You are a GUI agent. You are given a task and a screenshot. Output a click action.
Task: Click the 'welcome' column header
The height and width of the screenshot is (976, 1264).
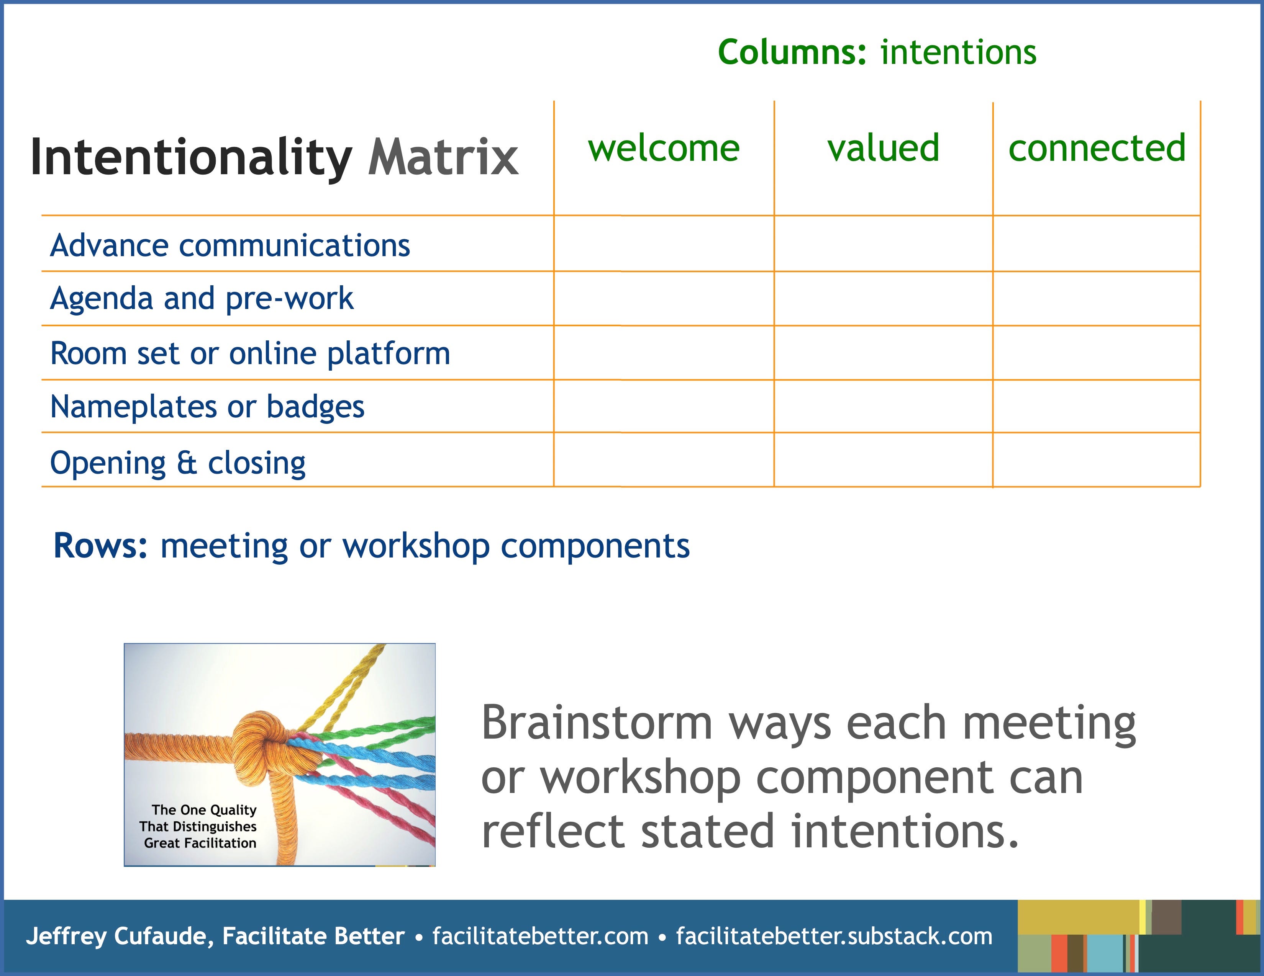pos(664,148)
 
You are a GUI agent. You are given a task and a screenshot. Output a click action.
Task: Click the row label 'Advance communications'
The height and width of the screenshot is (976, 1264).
pos(230,245)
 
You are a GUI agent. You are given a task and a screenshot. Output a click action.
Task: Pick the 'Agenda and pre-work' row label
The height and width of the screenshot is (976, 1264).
pos(202,299)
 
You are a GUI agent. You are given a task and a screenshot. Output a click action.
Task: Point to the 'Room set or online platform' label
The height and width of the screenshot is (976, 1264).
pos(250,353)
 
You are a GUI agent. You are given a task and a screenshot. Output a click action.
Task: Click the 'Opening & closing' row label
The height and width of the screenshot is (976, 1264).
pos(178,463)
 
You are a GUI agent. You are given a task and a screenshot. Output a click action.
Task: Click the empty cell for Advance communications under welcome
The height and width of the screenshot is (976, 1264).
pos(664,244)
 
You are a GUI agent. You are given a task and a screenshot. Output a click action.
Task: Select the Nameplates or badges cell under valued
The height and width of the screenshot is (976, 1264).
pos(883,406)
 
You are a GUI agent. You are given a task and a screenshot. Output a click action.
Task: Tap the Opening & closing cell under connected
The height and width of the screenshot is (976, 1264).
pos(1097,460)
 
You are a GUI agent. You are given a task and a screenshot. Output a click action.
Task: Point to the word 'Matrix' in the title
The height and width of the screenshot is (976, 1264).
pos(443,157)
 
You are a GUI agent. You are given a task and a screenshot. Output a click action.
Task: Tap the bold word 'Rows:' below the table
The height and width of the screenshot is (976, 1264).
pos(101,546)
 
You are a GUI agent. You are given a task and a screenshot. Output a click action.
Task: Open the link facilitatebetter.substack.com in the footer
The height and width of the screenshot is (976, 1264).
pos(834,937)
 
